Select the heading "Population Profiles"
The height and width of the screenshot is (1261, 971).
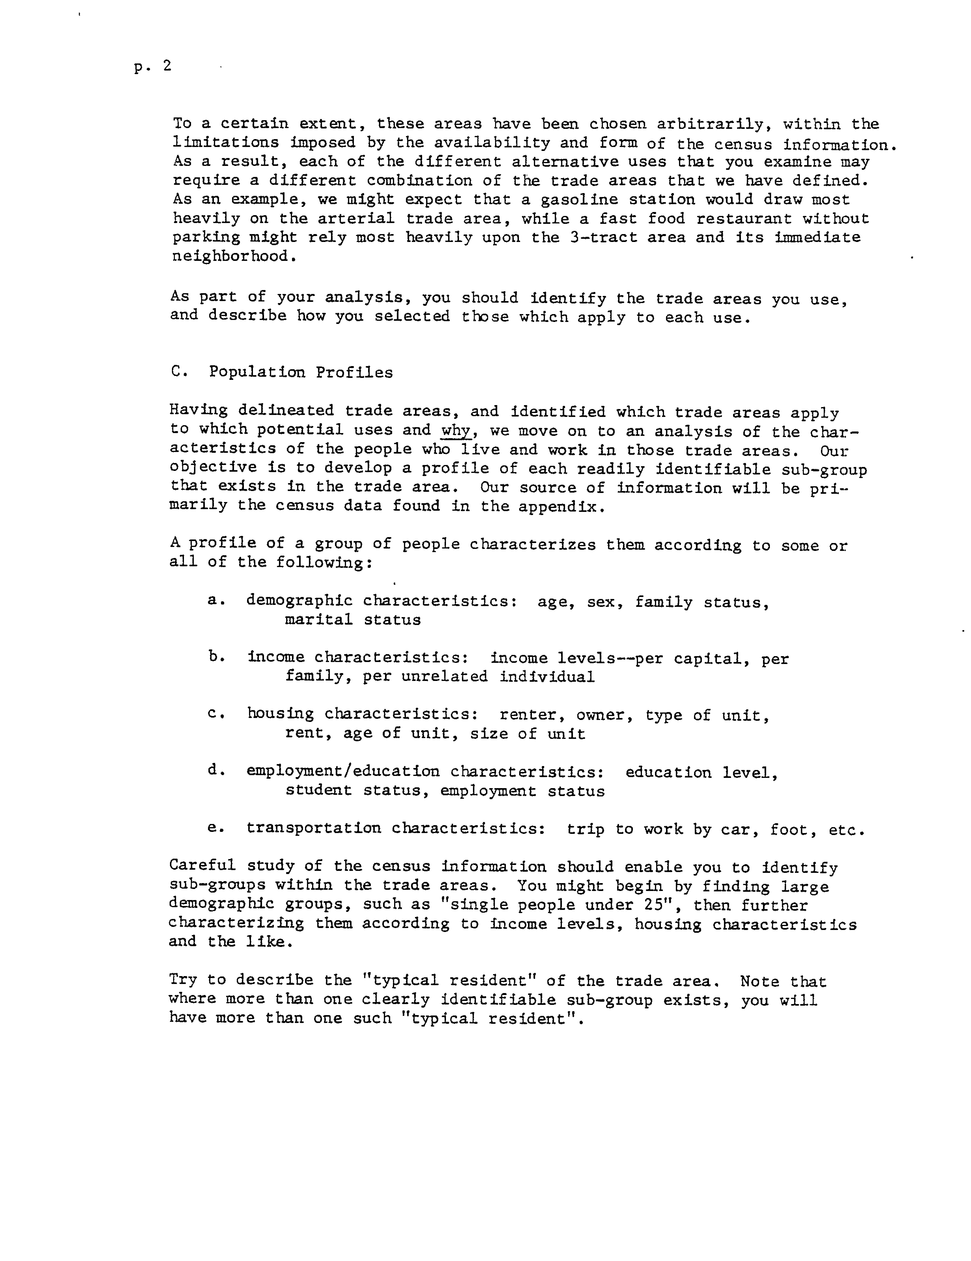coord(300,372)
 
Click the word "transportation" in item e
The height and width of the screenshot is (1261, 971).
coord(314,829)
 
